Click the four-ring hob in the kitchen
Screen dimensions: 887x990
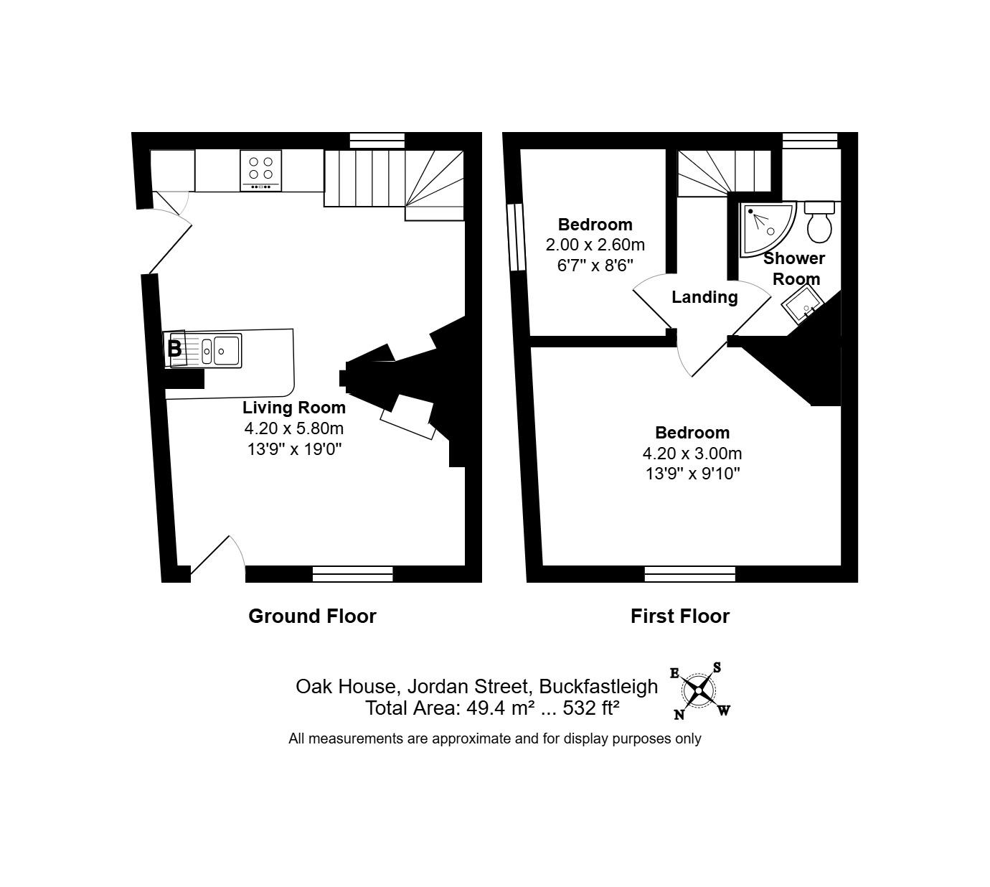(261, 170)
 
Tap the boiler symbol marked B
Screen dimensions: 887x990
(174, 349)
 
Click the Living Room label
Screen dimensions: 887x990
(294, 408)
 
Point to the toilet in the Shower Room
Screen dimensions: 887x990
(819, 222)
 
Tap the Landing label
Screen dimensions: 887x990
(704, 297)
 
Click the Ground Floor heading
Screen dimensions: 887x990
(312, 616)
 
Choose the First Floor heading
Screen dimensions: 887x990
(679, 616)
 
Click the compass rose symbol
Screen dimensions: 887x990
(697, 691)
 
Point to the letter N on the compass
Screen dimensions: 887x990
(679, 714)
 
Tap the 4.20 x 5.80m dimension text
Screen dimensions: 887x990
(294, 428)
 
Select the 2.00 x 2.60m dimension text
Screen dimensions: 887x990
(595, 245)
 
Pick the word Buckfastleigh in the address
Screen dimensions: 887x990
(598, 686)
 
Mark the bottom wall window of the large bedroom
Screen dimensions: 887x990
(690, 573)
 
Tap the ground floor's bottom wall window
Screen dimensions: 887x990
(353, 573)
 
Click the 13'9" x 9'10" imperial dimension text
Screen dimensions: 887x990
(692, 474)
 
